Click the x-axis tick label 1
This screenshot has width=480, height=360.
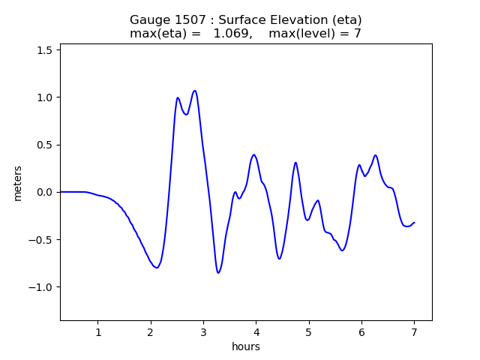(x=97, y=332)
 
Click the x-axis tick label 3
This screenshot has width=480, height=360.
(x=203, y=332)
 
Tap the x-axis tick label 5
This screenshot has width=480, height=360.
(x=308, y=332)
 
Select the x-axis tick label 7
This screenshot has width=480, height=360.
(x=414, y=332)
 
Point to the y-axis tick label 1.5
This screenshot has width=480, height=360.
(x=46, y=49)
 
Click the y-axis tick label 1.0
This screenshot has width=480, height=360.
(x=46, y=97)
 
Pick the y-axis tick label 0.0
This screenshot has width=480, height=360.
(x=46, y=192)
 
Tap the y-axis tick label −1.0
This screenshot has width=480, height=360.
(x=43, y=287)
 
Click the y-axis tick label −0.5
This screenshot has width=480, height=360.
(x=43, y=240)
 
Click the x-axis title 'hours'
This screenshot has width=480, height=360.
(x=246, y=346)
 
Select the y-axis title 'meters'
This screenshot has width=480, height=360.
(x=17, y=183)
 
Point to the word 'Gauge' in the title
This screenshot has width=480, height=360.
(x=147, y=19)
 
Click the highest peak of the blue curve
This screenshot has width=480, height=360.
(x=195, y=91)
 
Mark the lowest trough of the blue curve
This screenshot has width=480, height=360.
(x=218, y=273)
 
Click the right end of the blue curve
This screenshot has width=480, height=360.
(x=414, y=222)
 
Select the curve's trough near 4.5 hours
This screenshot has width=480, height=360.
(x=279, y=259)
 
